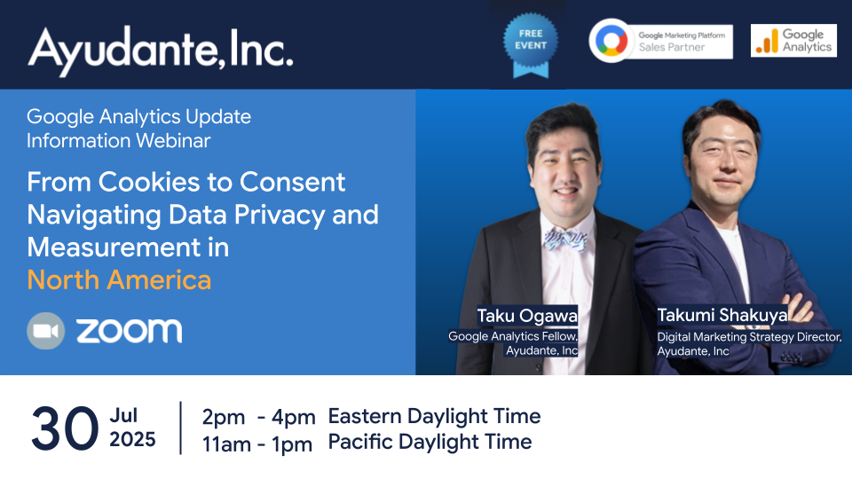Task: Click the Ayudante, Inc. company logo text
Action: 161,50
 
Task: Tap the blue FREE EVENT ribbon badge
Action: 531,44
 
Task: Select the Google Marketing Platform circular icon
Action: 611,41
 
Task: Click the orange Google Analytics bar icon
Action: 767,41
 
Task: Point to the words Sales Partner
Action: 672,47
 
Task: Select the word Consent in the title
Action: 292,182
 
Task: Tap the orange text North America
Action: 119,280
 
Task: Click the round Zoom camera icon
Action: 45,331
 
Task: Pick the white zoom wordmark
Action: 130,331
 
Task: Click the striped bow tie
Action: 565,239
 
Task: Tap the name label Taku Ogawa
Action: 527,316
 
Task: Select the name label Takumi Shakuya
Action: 722,315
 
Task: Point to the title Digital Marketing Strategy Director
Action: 749,337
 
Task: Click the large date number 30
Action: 65,428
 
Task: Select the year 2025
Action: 132,439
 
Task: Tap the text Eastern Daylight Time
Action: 434,416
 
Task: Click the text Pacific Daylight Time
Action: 430,442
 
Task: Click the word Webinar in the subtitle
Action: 173,141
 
